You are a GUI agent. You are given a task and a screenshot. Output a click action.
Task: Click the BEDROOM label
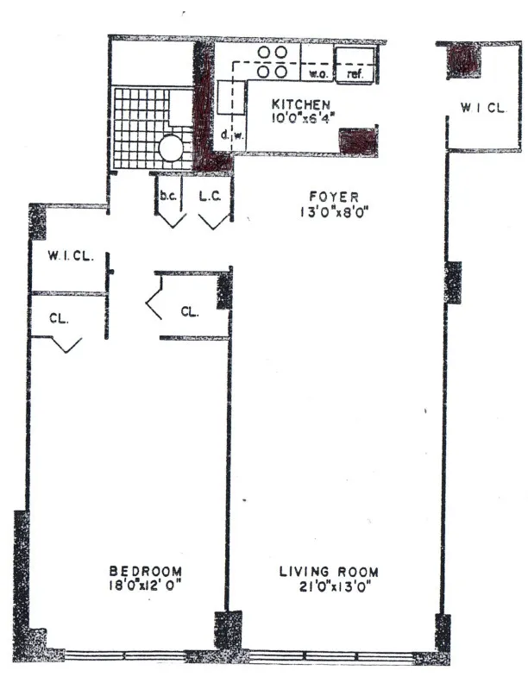(145, 570)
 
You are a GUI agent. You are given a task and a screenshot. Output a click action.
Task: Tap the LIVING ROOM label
(329, 571)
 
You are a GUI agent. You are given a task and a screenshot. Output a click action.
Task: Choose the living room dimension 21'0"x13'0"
(329, 585)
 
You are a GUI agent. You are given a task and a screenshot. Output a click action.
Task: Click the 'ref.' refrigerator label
(355, 74)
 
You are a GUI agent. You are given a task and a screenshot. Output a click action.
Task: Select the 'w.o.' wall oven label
(316, 74)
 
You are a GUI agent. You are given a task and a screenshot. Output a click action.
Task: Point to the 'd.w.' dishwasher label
(229, 134)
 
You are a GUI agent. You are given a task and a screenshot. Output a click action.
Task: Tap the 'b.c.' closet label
(167, 196)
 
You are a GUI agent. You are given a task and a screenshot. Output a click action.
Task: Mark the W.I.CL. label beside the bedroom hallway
(67, 257)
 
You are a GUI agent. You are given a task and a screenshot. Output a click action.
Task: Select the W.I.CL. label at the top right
(480, 108)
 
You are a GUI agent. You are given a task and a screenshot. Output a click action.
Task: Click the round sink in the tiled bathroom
(172, 147)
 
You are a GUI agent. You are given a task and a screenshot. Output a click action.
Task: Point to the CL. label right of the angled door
(191, 311)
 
